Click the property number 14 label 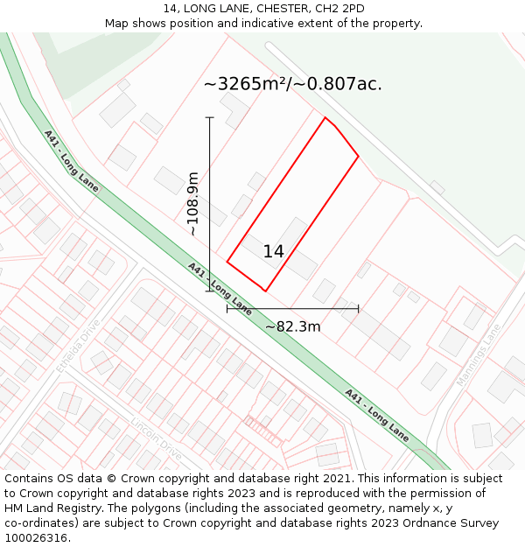(273, 252)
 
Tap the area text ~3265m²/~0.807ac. (292, 85)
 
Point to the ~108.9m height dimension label (193, 204)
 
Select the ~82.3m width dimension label (293, 327)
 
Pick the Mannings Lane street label (479, 355)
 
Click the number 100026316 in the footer (37, 538)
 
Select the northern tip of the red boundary (325, 117)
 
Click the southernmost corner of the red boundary (265, 291)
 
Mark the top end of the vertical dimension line (210, 117)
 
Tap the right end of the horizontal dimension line (359, 308)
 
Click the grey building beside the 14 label (302, 263)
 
